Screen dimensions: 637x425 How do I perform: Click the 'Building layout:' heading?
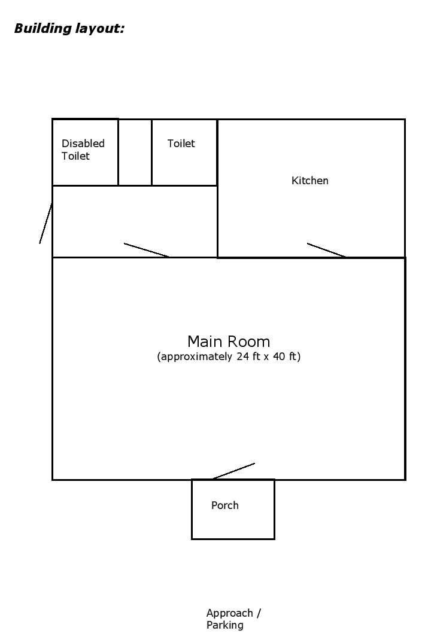[69, 28]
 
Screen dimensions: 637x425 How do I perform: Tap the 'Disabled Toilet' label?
[83, 150]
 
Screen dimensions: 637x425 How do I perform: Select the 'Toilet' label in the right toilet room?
[181, 144]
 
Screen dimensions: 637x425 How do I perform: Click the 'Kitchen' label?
[309, 181]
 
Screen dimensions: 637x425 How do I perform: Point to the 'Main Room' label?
[229, 342]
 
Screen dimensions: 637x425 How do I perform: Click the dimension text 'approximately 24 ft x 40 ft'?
[229, 357]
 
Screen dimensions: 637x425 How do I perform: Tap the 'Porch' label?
[225, 505]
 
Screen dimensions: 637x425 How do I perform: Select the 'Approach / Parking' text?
[233, 619]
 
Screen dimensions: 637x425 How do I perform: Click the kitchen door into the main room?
[326, 250]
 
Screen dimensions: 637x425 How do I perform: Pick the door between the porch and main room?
[234, 471]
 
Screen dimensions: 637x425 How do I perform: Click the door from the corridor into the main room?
[147, 250]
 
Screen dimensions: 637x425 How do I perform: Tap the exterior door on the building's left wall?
[45, 223]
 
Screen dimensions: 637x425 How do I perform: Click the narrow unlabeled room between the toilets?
[135, 153]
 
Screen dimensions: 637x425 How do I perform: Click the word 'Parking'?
[225, 626]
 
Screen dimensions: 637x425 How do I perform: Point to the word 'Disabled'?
[83, 144]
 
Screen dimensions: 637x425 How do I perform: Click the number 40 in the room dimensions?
[276, 357]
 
